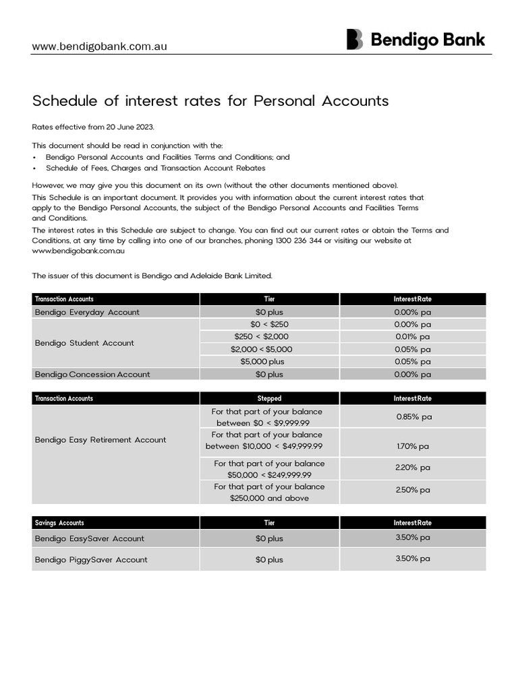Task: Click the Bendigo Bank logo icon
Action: [355, 39]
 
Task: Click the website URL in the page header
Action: [100, 46]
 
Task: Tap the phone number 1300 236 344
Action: [293, 241]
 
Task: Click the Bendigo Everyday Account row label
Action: [87, 312]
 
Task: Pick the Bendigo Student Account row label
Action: [84, 343]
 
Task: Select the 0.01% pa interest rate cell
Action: [412, 337]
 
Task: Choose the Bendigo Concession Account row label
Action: [92, 374]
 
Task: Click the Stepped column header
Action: [269, 398]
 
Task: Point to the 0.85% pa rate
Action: [412, 416]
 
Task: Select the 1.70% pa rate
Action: [412, 446]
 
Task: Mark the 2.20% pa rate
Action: [412, 467]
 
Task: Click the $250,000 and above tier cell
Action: [269, 498]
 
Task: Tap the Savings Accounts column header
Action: [61, 523]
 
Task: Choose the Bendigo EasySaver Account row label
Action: [89, 538]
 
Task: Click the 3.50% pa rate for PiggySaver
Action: [412, 559]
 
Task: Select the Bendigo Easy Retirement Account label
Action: [100, 440]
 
